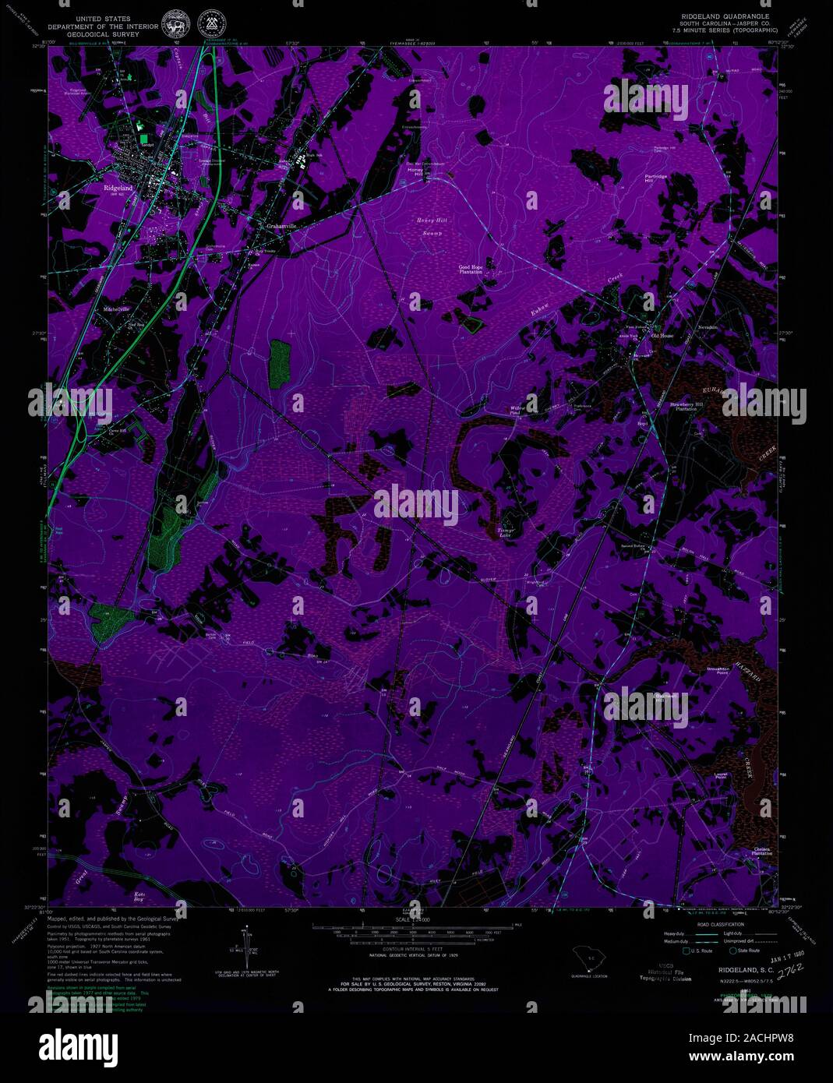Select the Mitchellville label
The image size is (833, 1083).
(x=116, y=309)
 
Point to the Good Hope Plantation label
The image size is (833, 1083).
(x=470, y=270)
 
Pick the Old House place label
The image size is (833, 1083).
(x=662, y=336)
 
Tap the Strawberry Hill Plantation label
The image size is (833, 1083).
(x=687, y=407)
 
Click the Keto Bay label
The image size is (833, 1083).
(x=140, y=896)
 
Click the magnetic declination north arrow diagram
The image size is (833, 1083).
(x=250, y=946)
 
